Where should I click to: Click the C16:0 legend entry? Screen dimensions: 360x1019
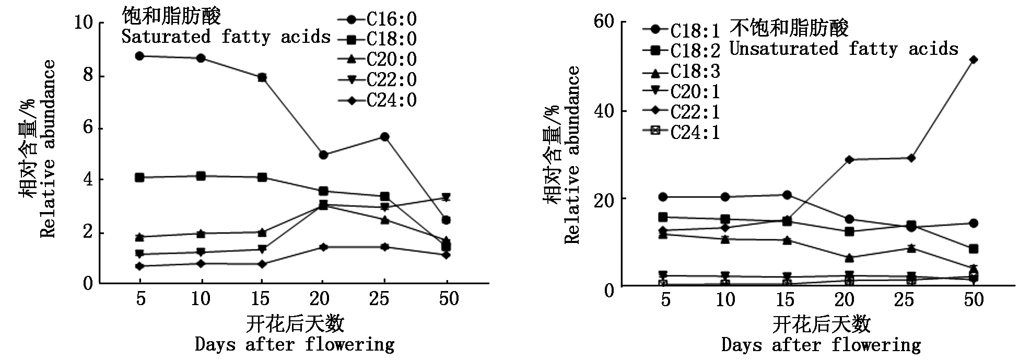tap(377, 20)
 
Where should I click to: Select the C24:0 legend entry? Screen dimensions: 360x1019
tap(377, 100)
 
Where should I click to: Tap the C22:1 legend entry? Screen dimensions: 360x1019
tap(681, 112)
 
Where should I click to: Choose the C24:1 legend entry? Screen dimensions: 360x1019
tap(681, 132)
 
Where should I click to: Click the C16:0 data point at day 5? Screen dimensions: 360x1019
tap(139, 56)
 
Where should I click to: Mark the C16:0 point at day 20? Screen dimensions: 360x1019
tap(323, 155)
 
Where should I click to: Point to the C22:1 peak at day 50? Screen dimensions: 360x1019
tap(973, 60)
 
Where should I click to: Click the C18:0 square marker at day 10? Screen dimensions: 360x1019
tap(201, 176)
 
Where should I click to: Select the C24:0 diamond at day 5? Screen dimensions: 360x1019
tap(139, 266)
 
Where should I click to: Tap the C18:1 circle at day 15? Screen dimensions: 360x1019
tap(787, 195)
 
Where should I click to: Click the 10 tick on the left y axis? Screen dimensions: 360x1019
tap(84, 24)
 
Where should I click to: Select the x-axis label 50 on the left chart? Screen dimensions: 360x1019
tap(447, 299)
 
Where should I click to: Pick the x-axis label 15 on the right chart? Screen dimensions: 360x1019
tap(785, 300)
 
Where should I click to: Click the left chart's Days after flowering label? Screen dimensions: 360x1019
tap(295, 345)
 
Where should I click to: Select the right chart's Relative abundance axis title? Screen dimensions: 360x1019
tap(573, 155)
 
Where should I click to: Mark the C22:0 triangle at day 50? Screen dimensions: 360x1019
tap(446, 197)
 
